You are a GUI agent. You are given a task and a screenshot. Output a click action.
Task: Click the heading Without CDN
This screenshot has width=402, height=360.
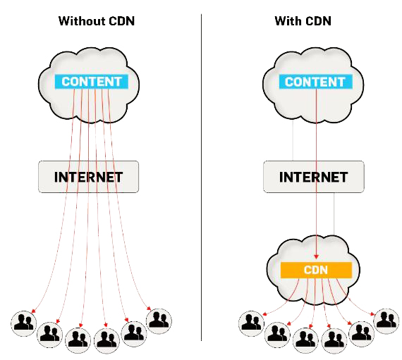(96, 21)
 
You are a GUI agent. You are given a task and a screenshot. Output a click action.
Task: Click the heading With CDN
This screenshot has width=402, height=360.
(303, 21)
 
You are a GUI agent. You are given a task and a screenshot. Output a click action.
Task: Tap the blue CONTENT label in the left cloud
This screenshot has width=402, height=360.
(92, 81)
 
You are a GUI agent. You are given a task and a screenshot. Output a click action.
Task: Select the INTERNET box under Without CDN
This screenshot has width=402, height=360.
(89, 176)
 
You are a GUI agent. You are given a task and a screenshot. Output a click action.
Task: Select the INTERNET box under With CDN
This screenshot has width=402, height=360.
(314, 176)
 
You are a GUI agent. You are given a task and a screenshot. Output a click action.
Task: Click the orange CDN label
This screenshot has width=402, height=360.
(315, 269)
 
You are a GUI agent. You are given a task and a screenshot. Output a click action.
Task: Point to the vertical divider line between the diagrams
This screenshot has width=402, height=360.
(202, 176)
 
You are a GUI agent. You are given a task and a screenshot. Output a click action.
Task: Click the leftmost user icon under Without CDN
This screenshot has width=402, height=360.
(24, 323)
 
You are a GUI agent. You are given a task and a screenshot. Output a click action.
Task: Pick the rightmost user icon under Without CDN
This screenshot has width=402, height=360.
(158, 319)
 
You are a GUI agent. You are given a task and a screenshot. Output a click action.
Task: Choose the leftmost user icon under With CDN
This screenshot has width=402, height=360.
(251, 323)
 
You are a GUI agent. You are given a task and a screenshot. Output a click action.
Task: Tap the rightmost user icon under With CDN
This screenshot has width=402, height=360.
(385, 320)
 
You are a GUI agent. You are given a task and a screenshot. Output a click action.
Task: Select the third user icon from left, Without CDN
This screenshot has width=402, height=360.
(77, 339)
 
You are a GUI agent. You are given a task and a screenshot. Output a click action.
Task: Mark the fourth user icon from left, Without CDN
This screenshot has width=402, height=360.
(106, 339)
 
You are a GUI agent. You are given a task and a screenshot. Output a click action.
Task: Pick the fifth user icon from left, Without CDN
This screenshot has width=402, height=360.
(133, 331)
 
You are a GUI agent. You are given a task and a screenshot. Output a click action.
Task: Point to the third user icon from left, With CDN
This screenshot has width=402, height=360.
(305, 339)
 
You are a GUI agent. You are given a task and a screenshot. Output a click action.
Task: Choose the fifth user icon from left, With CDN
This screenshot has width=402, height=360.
(361, 331)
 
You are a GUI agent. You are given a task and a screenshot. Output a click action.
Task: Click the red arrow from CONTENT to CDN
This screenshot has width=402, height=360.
(315, 176)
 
